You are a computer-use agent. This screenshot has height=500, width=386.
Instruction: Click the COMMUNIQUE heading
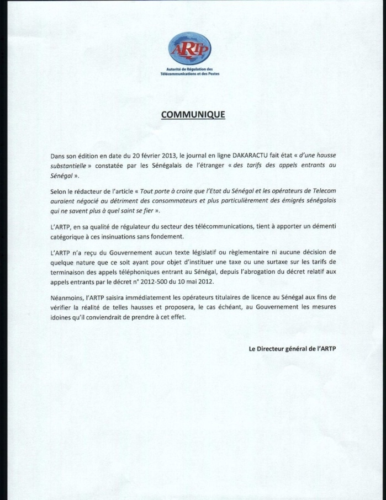click(x=193, y=115)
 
